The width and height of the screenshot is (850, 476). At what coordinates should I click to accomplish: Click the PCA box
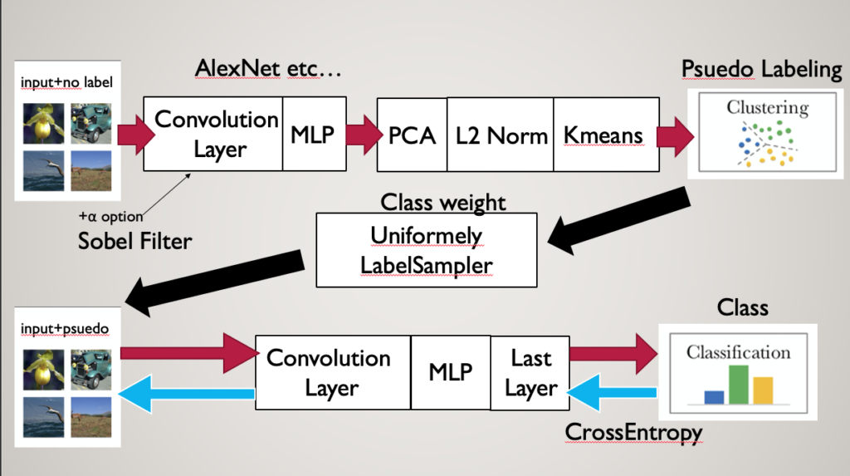pos(412,135)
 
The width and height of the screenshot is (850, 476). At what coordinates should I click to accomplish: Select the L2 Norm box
pos(501,135)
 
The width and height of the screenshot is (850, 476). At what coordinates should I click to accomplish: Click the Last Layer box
pos(530,373)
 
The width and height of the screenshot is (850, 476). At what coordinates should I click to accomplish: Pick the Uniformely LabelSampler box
pos(426,250)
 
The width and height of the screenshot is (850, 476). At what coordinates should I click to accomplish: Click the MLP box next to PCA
pos(312,134)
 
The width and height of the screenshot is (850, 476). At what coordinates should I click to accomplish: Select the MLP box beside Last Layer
pos(450,372)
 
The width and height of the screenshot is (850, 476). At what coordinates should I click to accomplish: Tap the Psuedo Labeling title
pos(761,70)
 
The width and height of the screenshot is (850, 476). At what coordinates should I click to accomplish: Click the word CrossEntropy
pos(633,432)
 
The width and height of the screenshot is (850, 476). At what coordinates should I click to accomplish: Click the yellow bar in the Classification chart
pos(763,390)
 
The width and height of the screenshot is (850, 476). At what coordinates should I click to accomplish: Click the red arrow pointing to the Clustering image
pos(675,134)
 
